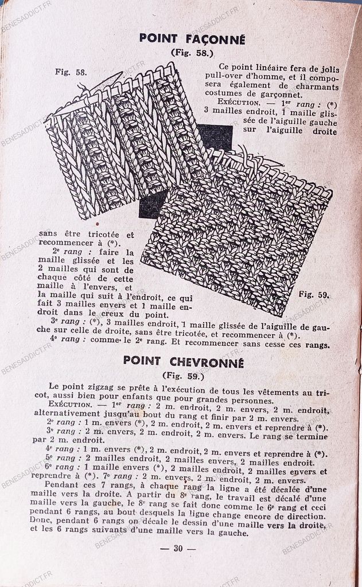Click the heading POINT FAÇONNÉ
192,40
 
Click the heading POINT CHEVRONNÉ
183,363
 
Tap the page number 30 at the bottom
178,548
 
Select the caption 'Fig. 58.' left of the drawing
71,72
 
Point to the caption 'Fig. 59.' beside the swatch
314,295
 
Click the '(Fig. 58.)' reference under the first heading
192,53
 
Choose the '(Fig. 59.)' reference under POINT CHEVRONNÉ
183,376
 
